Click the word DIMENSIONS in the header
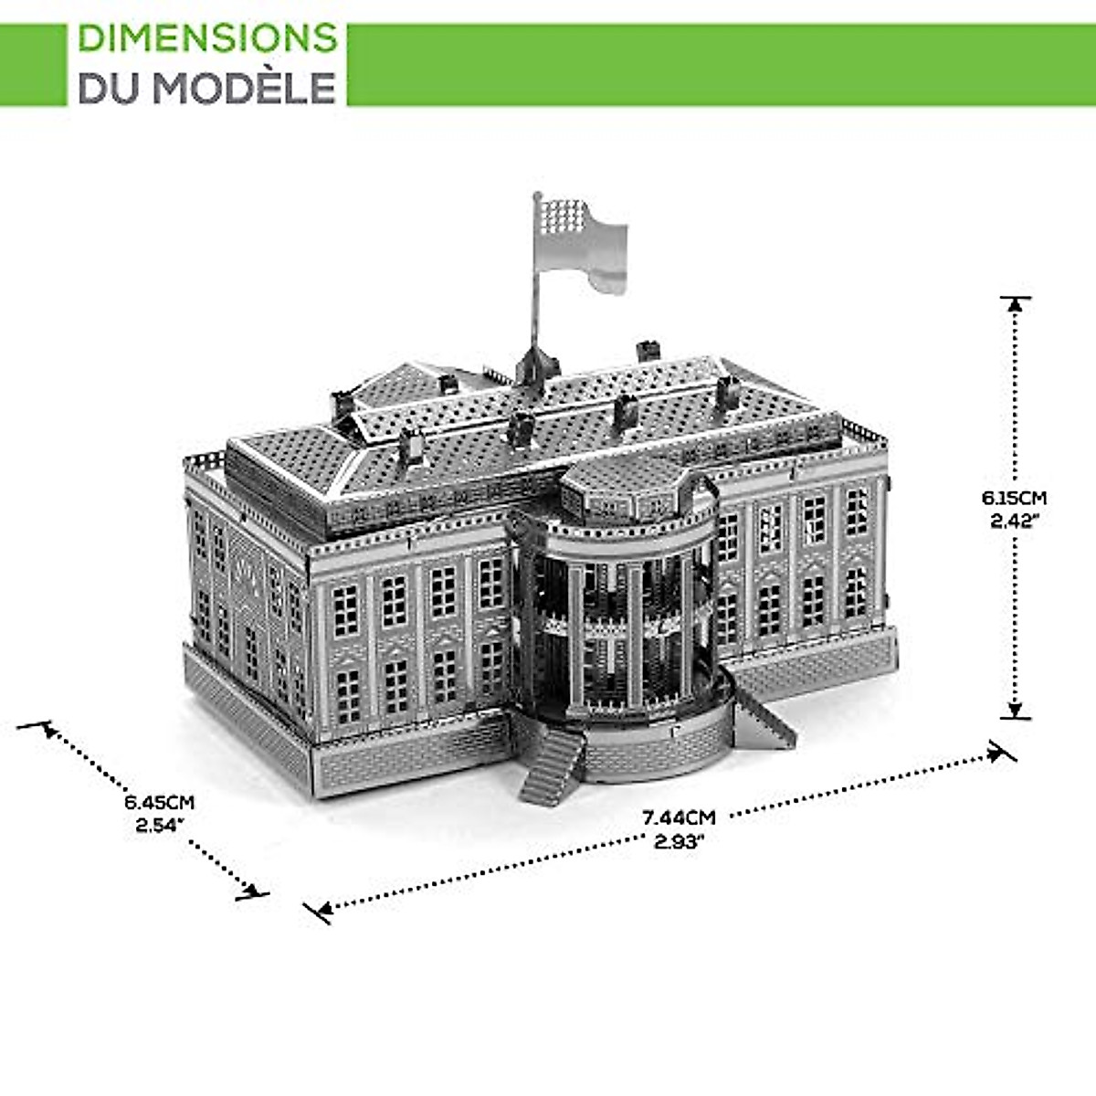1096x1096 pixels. coord(207,38)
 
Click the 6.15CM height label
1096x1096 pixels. coord(1014,499)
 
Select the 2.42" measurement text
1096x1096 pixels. coord(1014,522)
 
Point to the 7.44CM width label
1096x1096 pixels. coord(678,817)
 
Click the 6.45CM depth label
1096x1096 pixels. coord(160,803)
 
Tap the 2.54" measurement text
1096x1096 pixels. coord(160,826)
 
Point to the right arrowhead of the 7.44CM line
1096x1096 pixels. coord(996,753)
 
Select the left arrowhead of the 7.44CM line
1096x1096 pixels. coord(321,909)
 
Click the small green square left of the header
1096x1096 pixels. coord(33,64)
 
